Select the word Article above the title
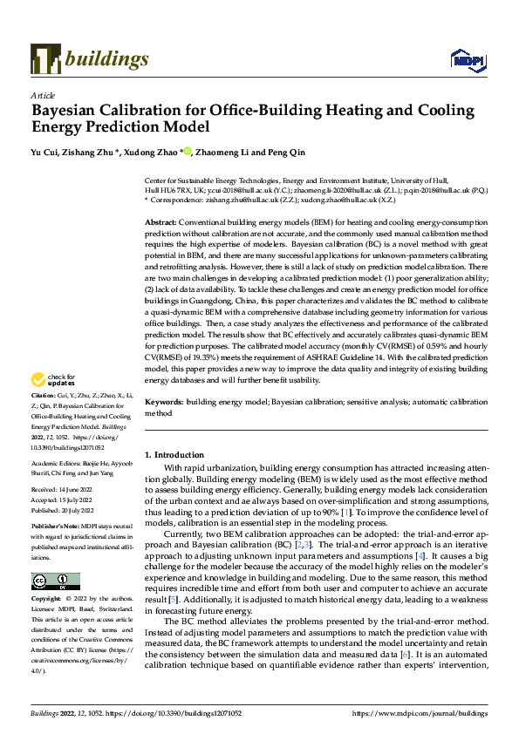[x=43, y=95]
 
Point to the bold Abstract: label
[x=161, y=223]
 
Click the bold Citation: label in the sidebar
[x=44, y=419]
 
